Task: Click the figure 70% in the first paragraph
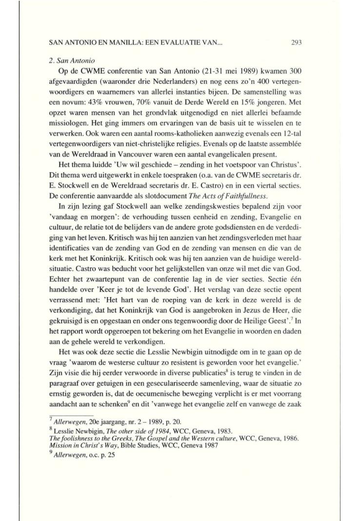click(x=166, y=89)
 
